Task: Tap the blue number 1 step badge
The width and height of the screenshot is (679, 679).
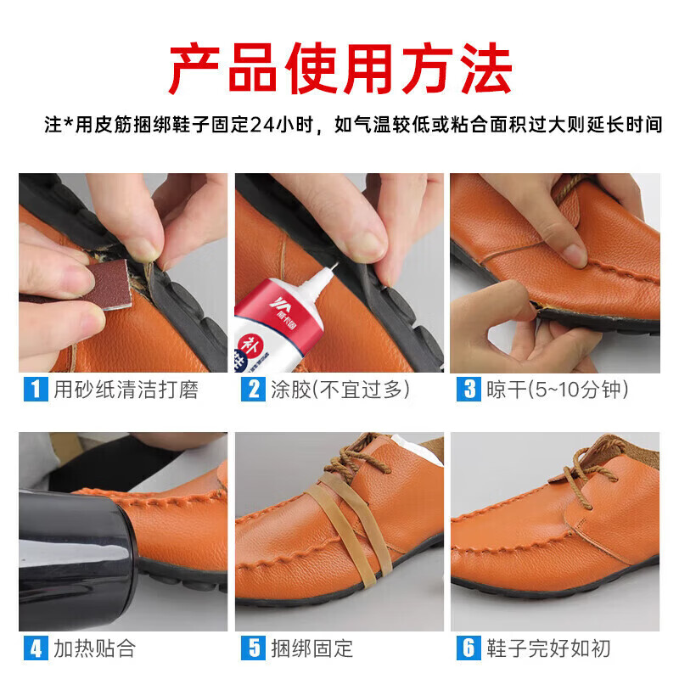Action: pyautogui.click(x=35, y=390)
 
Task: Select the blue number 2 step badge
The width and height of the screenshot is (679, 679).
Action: pyautogui.click(x=253, y=390)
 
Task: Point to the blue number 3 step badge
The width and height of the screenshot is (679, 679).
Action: pyautogui.click(x=469, y=390)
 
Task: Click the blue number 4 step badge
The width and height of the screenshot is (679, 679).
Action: pyautogui.click(x=35, y=649)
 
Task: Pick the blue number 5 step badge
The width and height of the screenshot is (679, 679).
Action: pyautogui.click(x=253, y=649)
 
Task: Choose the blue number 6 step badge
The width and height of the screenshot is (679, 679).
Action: pyautogui.click(x=469, y=649)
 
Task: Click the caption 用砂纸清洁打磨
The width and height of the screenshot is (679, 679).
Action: pyautogui.click(x=126, y=390)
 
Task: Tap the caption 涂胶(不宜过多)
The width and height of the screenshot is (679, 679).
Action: pyautogui.click(x=338, y=390)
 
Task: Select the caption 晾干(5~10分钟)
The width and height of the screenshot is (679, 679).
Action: pyautogui.click(x=557, y=390)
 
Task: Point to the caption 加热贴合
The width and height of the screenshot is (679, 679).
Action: pyautogui.click(x=94, y=649)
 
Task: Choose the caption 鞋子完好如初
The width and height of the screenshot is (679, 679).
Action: pyautogui.click(x=547, y=649)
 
